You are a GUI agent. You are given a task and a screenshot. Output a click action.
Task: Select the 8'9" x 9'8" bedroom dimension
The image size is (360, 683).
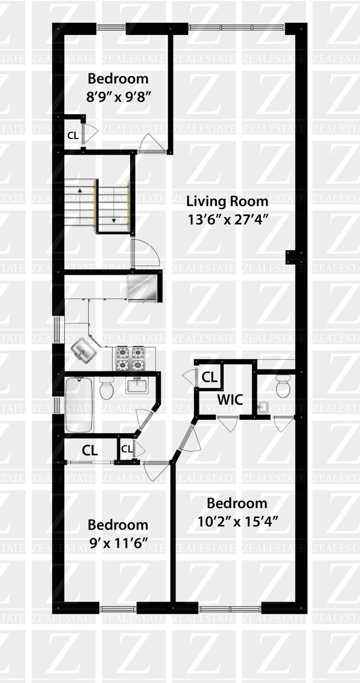pyautogui.click(x=118, y=96)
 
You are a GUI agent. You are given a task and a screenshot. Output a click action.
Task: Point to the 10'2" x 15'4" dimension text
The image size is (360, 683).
pyautogui.click(x=237, y=521)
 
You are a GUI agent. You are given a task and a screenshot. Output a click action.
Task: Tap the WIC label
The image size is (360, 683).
pyautogui.click(x=230, y=399)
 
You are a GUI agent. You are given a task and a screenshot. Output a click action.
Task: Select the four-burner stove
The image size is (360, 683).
pyautogui.click(x=130, y=358)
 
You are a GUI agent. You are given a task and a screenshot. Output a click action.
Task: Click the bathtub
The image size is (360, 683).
pyautogui.click(x=79, y=404)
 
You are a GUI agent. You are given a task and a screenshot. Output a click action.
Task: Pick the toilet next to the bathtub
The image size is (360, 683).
pyautogui.click(x=106, y=388)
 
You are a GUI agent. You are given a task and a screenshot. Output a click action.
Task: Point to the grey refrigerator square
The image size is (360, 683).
pyautogui.click(x=141, y=287)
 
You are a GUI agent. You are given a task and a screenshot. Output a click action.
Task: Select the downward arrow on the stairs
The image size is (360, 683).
pyautogui.click(x=114, y=219)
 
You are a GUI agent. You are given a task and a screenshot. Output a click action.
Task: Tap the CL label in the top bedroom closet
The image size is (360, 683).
pyautogui.click(x=73, y=135)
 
